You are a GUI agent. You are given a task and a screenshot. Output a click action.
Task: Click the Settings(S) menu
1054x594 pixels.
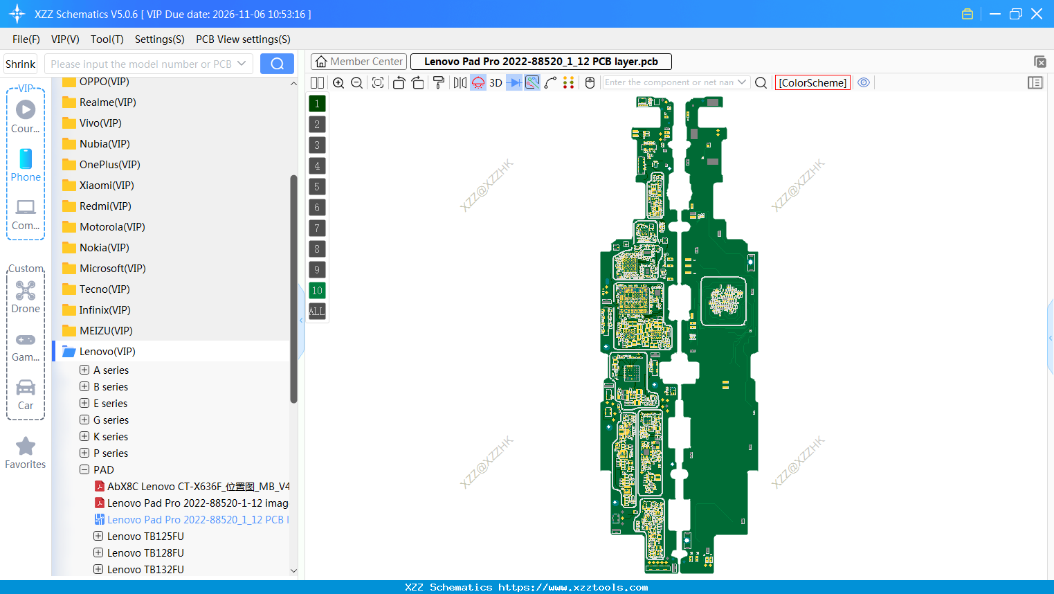[x=159, y=39]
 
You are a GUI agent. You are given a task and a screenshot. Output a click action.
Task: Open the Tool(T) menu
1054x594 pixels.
[x=107, y=39]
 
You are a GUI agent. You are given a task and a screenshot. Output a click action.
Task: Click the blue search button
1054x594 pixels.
[x=277, y=64]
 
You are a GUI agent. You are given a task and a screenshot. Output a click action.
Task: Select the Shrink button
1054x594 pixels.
[x=21, y=64]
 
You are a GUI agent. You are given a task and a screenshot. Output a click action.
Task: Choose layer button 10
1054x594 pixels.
[x=317, y=291]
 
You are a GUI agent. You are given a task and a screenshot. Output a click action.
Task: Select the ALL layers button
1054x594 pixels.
[x=317, y=312]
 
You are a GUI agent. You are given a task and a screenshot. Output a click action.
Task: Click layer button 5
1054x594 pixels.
[x=317, y=187]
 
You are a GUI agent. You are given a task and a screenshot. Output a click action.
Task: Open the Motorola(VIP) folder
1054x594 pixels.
[x=111, y=227]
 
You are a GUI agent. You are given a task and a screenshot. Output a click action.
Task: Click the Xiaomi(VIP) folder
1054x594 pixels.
[x=106, y=186]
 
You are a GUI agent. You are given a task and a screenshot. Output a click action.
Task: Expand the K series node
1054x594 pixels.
[x=84, y=437]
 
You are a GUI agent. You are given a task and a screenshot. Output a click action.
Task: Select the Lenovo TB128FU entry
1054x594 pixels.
[x=145, y=553]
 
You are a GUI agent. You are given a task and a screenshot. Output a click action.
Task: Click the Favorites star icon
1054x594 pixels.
[x=26, y=447]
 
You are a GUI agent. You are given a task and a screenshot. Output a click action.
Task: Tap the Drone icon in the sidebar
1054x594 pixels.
[x=26, y=291]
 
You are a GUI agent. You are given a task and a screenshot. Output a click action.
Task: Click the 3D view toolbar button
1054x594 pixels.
[x=496, y=83]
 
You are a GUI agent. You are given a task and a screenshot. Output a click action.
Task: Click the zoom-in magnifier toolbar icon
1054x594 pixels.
[x=338, y=83]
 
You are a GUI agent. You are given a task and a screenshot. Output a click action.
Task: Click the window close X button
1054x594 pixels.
[x=1037, y=14]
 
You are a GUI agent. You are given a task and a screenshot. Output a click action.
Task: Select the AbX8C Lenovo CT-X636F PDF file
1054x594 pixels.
[x=198, y=487]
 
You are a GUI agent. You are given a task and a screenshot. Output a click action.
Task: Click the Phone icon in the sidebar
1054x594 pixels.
[x=26, y=159]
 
